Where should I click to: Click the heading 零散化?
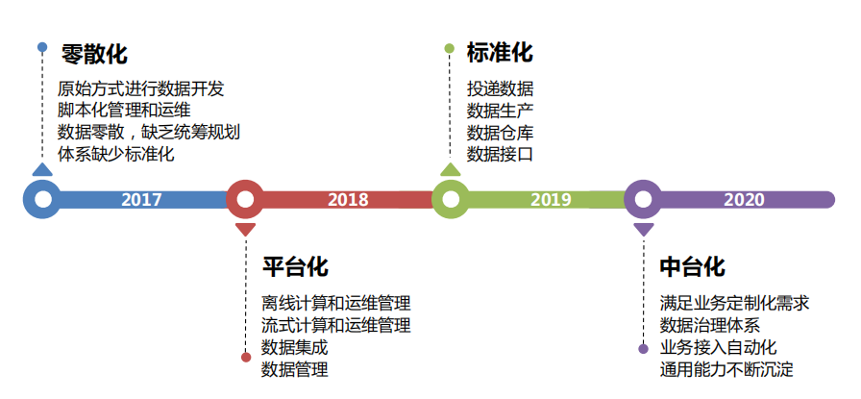pos(93,53)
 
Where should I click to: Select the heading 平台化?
pos(295,266)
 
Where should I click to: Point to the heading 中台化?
pos(692,266)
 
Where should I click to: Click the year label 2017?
pos(141,200)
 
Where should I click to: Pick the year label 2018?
pos(348,200)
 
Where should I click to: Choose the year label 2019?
pos(551,200)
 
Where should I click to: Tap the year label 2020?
pos(744,200)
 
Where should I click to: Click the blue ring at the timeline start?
pos(42,200)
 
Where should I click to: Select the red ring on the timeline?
pos(246,200)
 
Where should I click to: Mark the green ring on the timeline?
pos(451,200)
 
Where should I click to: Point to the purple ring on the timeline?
pos(643,200)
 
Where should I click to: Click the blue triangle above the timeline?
pos(42,170)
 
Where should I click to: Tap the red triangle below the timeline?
pos(246,230)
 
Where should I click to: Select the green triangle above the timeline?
pos(451,170)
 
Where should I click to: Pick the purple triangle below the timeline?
pos(643,230)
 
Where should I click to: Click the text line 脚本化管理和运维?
pos(124,110)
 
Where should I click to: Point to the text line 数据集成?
pos(294,347)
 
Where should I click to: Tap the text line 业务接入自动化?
pos(718,347)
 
